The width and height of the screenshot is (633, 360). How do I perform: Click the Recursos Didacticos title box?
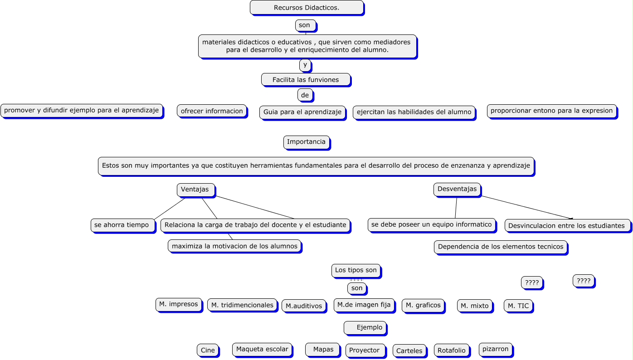click(307, 8)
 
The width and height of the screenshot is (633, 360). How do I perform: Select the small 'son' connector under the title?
click(305, 25)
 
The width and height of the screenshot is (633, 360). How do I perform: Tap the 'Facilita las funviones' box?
click(306, 80)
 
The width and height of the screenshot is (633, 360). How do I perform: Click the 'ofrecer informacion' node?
click(212, 111)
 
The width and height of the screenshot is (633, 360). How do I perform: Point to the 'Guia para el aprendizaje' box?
click(302, 112)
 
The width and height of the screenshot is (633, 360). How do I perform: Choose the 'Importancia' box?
click(307, 142)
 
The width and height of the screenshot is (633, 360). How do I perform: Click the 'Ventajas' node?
click(195, 190)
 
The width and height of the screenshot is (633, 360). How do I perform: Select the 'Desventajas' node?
click(457, 189)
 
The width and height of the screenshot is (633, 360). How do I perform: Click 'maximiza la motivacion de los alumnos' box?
click(234, 246)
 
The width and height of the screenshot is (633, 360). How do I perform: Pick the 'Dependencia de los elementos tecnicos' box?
click(501, 247)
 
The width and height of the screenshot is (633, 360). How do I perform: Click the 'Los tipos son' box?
click(356, 270)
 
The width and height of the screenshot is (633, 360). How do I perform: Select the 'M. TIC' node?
click(518, 306)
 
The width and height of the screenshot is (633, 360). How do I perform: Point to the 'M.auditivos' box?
click(304, 306)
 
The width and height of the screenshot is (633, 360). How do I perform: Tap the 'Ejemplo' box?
click(365, 328)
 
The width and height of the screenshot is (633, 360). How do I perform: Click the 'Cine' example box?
click(208, 350)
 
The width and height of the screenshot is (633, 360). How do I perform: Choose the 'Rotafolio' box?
click(451, 350)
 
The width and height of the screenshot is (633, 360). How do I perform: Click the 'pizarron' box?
click(496, 349)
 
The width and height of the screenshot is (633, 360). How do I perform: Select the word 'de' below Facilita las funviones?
click(305, 95)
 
